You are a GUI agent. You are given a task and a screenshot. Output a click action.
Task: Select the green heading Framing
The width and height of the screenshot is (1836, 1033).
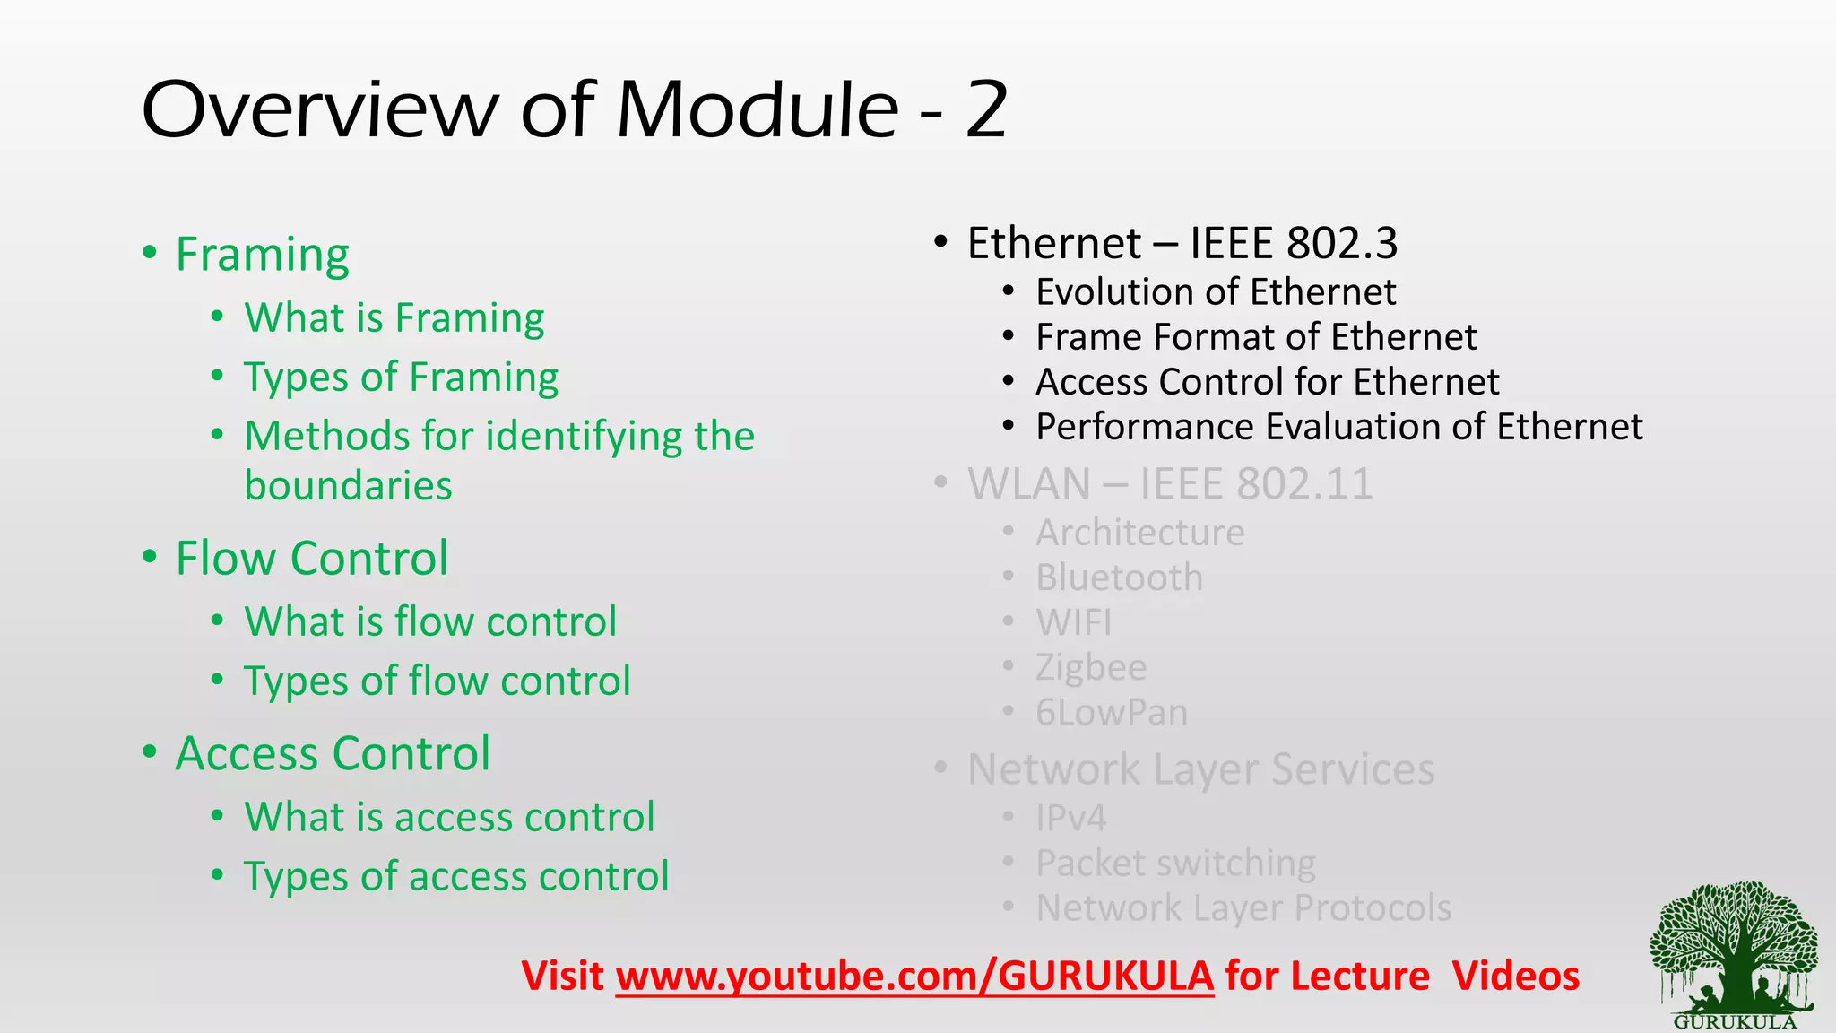[x=262, y=255]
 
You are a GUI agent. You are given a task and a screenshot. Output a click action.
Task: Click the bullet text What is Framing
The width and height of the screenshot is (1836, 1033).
[x=394, y=318]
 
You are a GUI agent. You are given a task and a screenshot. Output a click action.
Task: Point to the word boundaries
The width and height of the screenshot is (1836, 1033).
[x=348, y=486]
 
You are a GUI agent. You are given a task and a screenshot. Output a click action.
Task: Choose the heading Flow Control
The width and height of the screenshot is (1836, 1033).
[x=311, y=559]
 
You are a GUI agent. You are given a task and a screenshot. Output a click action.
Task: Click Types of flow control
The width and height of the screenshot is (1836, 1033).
[x=437, y=681]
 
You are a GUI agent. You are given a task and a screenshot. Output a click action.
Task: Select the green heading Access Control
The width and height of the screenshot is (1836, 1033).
[x=333, y=753]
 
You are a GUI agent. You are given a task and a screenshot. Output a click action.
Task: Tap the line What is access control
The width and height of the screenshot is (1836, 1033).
[x=449, y=817]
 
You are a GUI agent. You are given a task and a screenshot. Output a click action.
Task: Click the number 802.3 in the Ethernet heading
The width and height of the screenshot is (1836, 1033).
[x=1341, y=244]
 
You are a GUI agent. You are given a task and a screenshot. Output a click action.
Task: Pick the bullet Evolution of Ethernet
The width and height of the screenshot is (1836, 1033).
[x=1216, y=292]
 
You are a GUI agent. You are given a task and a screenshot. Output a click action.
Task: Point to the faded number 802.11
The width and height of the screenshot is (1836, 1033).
[x=1303, y=485]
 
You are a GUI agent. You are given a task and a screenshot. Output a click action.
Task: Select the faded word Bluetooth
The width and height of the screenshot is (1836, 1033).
[x=1119, y=578]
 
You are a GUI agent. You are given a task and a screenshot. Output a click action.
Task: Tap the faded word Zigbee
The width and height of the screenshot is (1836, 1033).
[x=1091, y=668]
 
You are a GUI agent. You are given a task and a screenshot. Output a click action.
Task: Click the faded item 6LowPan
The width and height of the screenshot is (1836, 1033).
[x=1112, y=713]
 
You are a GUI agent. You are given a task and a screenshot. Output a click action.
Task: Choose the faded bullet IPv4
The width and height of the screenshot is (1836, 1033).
[x=1070, y=818]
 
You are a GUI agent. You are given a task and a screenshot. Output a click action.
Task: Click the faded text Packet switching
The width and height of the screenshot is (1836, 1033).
[x=1175, y=864]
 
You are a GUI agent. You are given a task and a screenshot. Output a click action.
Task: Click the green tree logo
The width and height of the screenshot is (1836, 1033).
[x=1734, y=951]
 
